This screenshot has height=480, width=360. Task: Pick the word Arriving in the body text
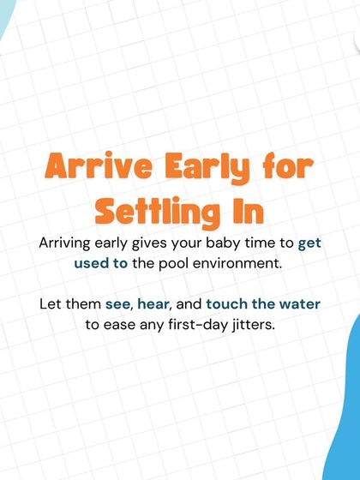[x=68, y=243]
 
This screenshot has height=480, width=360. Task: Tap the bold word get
[x=309, y=243]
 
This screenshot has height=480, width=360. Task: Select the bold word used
[x=91, y=263]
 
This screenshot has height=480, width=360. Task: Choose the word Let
[x=51, y=304]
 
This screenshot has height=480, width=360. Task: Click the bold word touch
[x=226, y=304]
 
